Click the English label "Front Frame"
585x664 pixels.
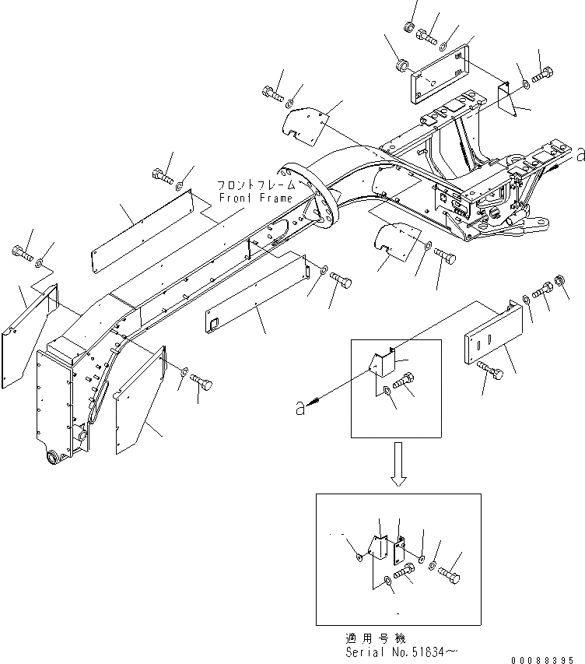[x=244, y=198]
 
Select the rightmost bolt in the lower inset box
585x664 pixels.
[x=450, y=577]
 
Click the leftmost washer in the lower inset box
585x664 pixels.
[x=357, y=557]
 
